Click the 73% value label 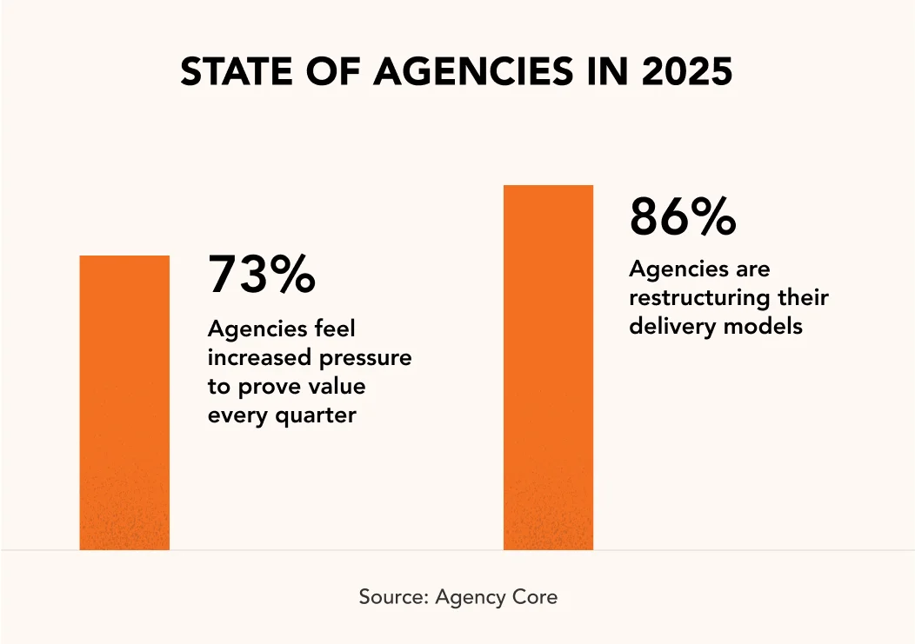[x=261, y=275]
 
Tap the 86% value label [x=683, y=217]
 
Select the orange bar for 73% [x=124, y=402]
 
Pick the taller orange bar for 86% [x=548, y=367]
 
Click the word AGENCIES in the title [x=472, y=73]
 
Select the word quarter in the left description [x=315, y=415]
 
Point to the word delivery [x=665, y=327]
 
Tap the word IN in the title [x=601, y=73]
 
